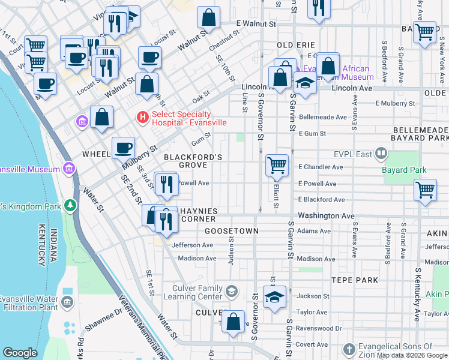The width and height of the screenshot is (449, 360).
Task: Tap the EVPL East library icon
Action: pos(381,154)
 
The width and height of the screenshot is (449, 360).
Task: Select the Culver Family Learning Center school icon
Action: pos(231,292)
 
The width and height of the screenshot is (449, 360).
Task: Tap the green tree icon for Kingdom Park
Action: pos(71,206)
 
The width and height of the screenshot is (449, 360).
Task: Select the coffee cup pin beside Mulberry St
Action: pos(123,148)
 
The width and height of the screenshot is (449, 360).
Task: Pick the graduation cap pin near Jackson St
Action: pos(274,298)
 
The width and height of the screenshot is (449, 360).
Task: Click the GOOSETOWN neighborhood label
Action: pos(232,231)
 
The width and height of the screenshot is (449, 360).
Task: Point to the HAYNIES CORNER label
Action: pos(190,215)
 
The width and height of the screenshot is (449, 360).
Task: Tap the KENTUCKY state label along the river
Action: pos(41,247)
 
